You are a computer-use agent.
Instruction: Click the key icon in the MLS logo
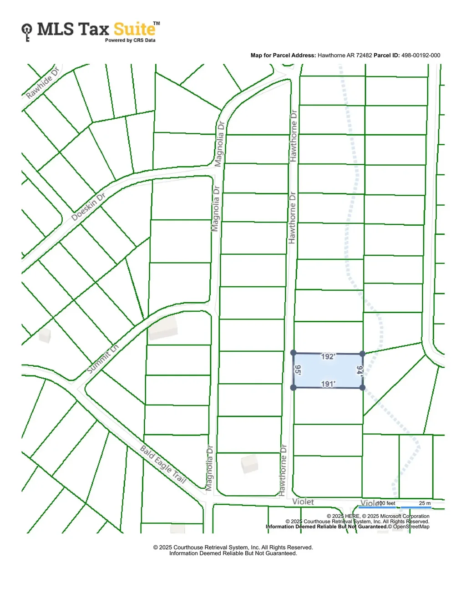click(27, 32)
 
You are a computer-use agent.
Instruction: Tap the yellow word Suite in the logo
click(134, 30)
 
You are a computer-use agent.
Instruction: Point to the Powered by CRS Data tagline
click(130, 41)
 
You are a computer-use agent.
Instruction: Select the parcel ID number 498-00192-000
click(420, 56)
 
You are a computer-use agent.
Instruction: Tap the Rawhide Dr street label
click(42, 83)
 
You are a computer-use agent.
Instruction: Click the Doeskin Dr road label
click(88, 207)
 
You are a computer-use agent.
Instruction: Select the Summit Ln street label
click(103, 359)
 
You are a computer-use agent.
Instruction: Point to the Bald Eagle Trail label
click(163, 465)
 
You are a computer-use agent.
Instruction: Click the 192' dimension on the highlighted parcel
click(328, 357)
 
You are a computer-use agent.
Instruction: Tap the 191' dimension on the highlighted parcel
click(328, 384)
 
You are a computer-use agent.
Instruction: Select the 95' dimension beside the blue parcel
click(298, 370)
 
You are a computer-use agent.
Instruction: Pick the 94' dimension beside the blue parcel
click(360, 370)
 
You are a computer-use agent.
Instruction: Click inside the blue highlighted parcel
click(328, 370)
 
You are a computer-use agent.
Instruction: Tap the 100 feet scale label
click(386, 503)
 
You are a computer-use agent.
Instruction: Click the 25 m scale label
click(425, 503)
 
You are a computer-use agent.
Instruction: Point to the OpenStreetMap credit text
click(411, 527)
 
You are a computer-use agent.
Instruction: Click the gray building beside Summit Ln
click(162, 328)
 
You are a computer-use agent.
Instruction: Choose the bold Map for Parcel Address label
click(283, 56)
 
